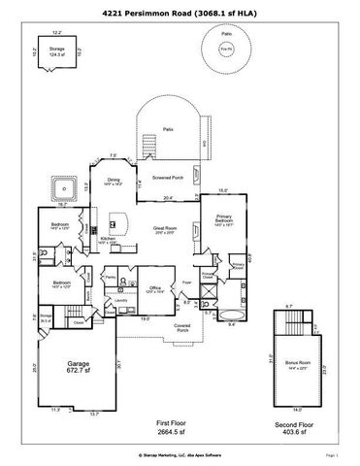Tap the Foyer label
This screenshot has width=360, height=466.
click(187, 283)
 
